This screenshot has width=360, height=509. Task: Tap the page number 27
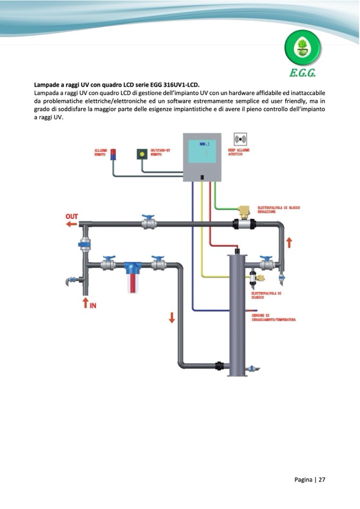[322, 479]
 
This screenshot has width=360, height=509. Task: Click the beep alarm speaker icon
[240, 140]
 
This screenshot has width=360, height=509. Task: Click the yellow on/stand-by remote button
[142, 154]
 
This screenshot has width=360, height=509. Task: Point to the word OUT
[72, 217]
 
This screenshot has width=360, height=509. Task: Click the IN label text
[92, 304]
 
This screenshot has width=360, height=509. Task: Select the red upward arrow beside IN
[84, 303]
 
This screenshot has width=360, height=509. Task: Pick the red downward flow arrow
[172, 317]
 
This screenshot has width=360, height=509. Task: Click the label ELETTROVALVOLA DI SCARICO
[266, 295]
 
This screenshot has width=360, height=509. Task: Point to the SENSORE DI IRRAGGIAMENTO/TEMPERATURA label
[273, 317]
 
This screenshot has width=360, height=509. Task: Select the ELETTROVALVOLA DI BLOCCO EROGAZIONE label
[278, 209]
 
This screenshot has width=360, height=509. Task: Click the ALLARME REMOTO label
[100, 152]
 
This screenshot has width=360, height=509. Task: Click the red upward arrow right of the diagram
[289, 243]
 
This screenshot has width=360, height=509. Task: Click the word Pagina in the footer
[303, 479]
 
